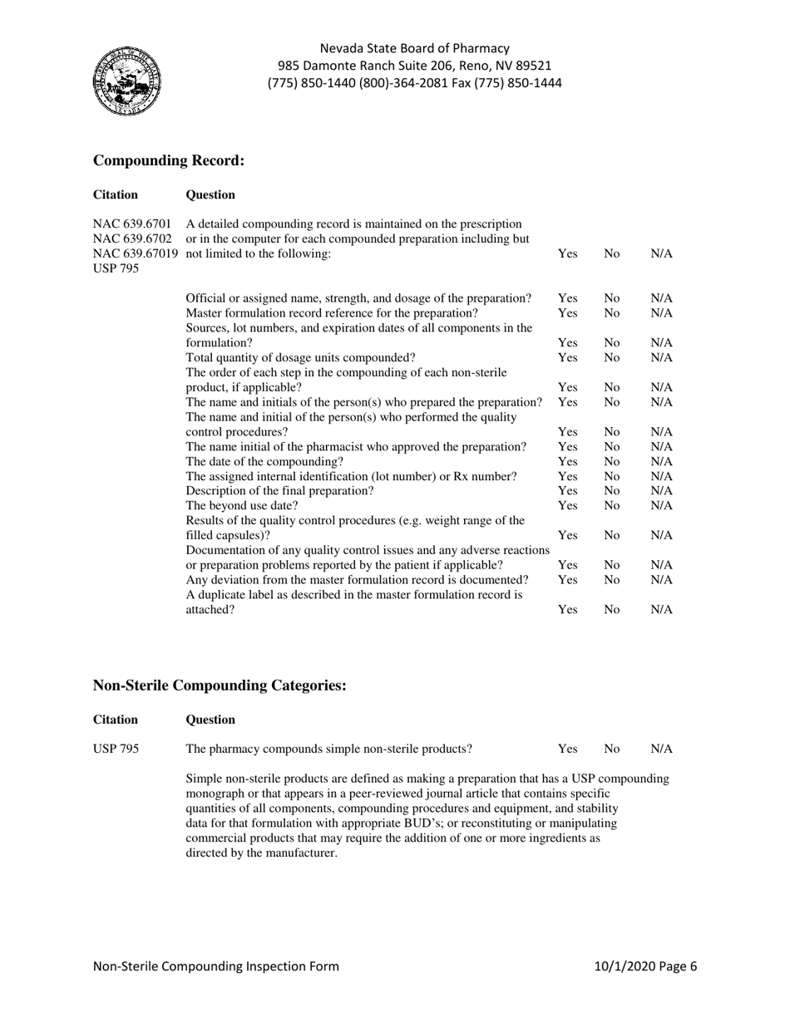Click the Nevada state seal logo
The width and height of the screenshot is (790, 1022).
(126, 82)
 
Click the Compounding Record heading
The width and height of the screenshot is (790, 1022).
(169, 160)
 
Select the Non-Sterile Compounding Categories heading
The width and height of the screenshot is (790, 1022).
(220, 685)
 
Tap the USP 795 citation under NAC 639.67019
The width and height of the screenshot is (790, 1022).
(116, 269)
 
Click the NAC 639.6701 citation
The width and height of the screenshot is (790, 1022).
(132, 224)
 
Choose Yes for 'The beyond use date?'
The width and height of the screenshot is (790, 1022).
(568, 505)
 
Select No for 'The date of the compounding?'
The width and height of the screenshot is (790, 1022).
(612, 461)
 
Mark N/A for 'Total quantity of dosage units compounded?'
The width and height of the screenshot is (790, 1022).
(661, 357)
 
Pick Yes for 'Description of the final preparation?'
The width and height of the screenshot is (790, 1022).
(568, 490)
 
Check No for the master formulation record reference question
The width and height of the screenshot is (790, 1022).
(612, 312)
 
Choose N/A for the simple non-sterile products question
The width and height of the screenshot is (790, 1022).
(661, 749)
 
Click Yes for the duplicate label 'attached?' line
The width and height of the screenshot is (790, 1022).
(568, 610)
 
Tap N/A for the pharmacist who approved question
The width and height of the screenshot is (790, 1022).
(661, 446)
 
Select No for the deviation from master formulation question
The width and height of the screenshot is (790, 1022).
(612, 579)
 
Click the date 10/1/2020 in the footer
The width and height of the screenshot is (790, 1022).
(628, 966)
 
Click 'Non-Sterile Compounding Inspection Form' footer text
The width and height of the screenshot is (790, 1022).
(216, 966)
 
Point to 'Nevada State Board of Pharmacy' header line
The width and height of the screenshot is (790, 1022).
(414, 48)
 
